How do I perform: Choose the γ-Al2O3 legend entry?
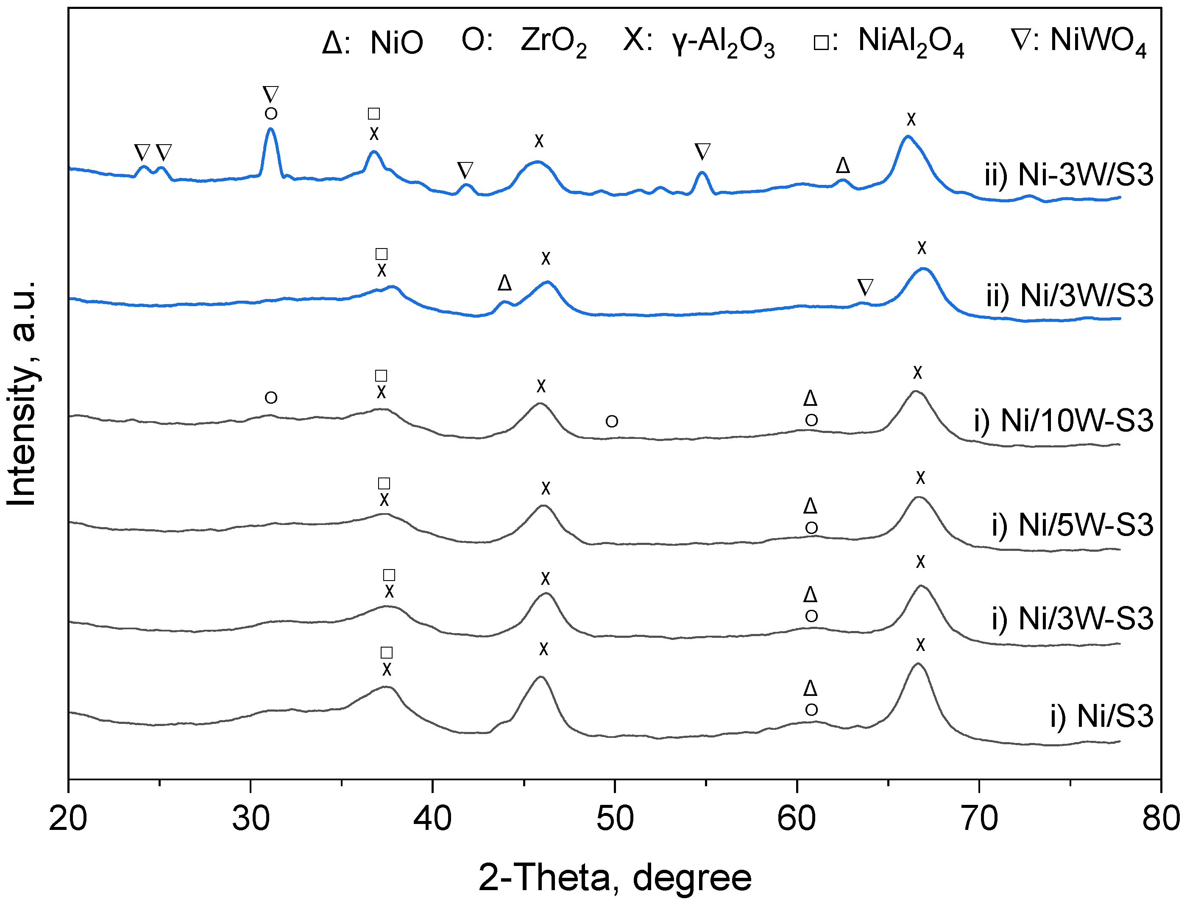699,42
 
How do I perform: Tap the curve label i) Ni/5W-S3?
1072,525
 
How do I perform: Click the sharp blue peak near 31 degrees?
271,129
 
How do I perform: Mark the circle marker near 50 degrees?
612,422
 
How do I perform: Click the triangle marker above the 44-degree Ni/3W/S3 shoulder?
504,283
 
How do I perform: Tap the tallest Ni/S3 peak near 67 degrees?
918,664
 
